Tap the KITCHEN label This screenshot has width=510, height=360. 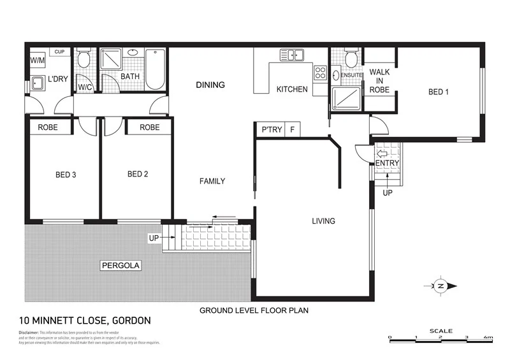291,89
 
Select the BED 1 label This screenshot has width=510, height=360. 438,92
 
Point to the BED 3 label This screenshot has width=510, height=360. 66,174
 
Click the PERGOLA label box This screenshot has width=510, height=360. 120,264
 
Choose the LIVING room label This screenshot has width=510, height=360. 323,221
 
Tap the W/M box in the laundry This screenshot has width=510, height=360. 37,61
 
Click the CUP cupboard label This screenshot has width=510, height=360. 59,52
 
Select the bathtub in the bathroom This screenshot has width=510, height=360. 156,70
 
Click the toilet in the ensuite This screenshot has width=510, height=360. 349,59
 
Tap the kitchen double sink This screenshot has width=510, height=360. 295,55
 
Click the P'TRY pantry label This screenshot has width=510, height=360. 268,129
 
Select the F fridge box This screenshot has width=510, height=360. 292,129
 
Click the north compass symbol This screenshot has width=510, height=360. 440,285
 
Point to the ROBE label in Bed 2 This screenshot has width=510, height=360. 149,127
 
